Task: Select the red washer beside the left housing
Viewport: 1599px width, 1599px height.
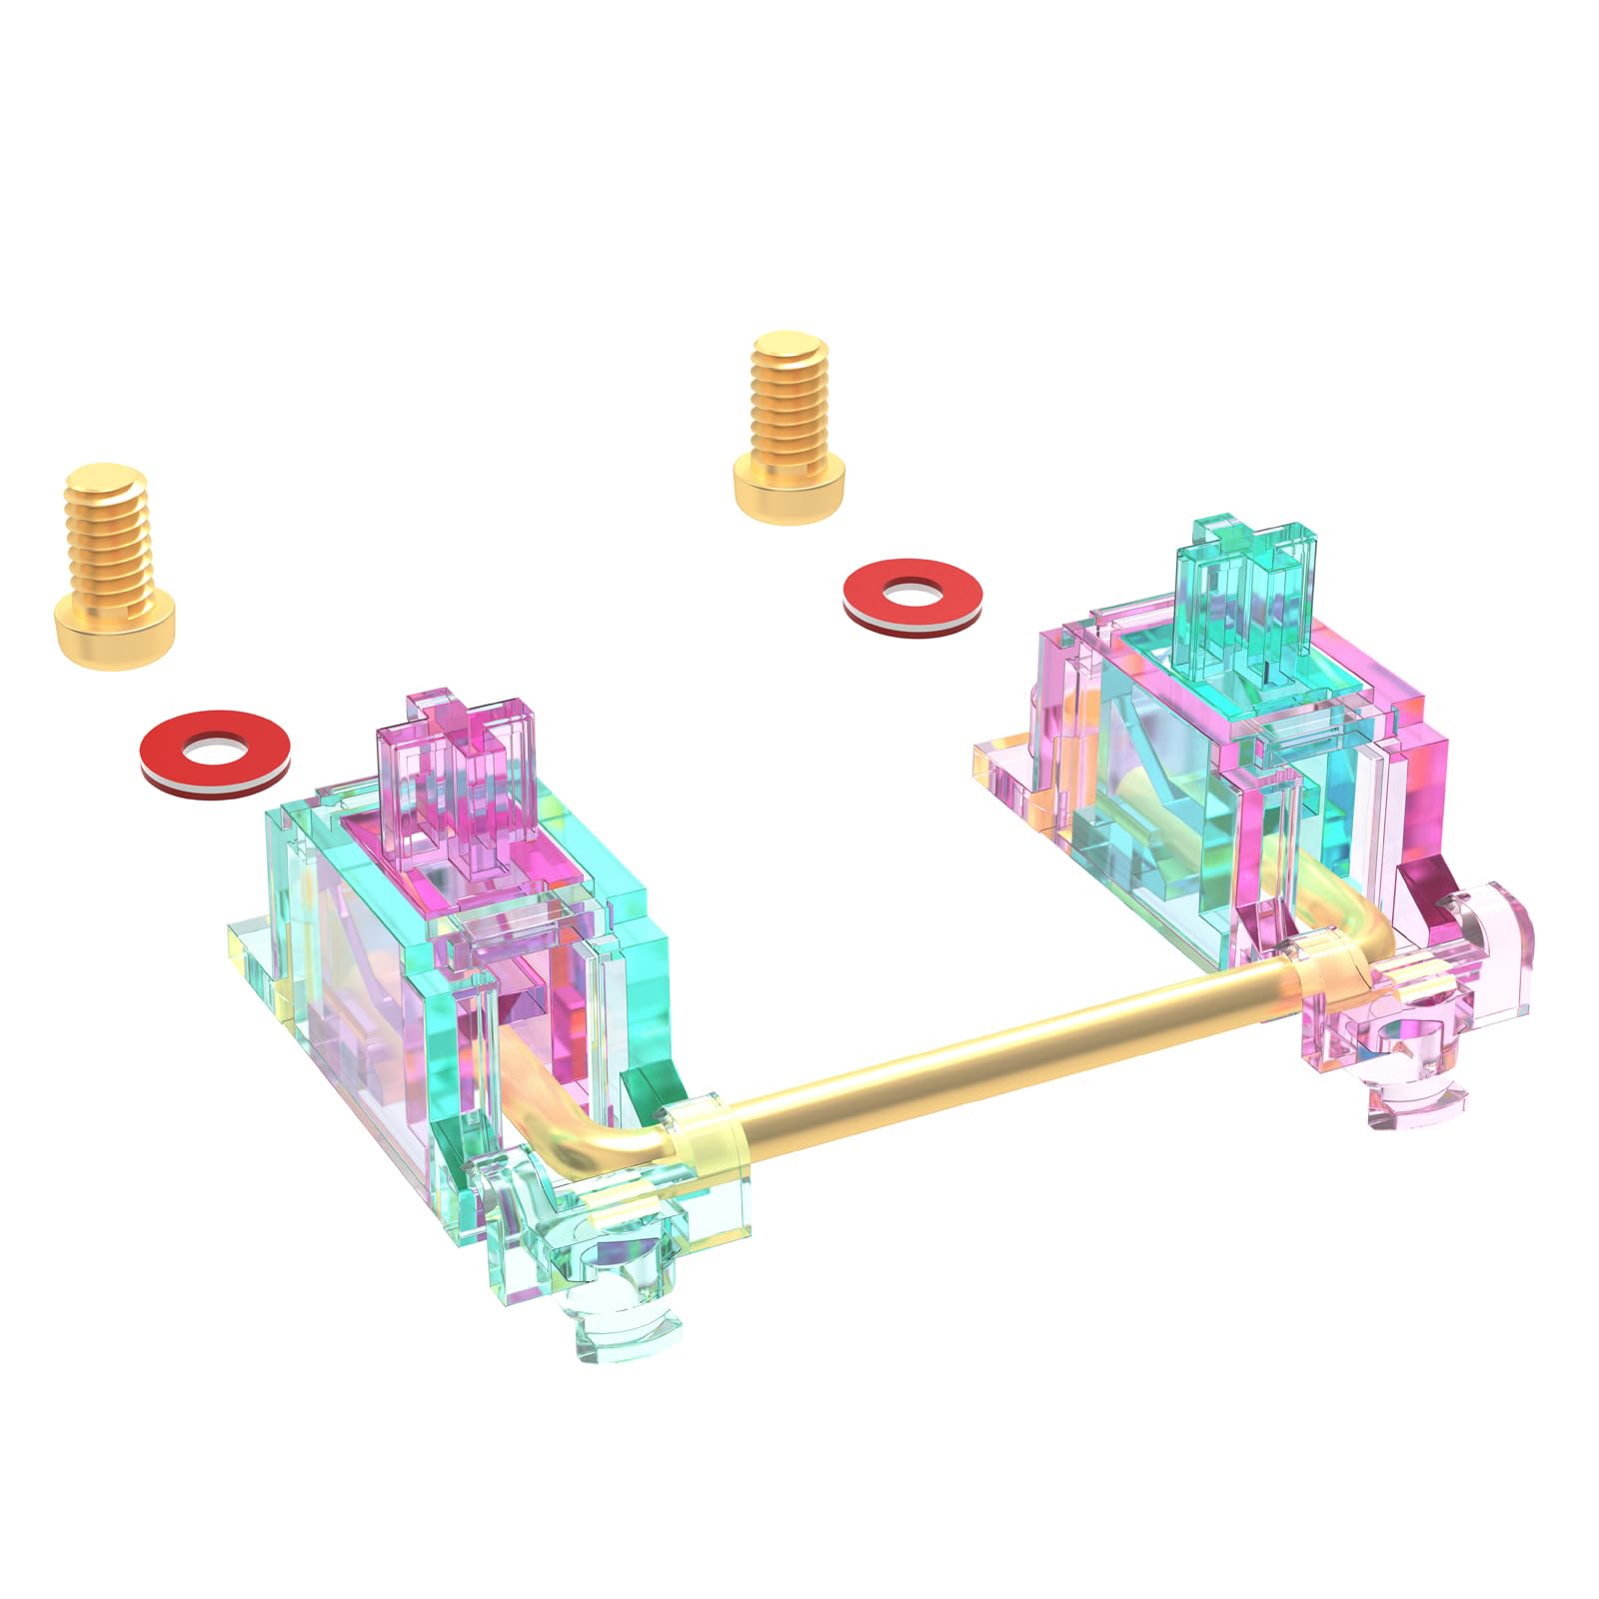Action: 216,752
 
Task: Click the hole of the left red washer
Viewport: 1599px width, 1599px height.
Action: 216,747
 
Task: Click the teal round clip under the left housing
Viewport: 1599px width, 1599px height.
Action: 610,1269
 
